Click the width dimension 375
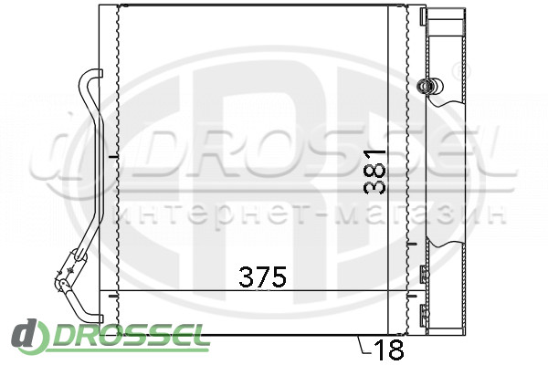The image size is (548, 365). click(262, 276)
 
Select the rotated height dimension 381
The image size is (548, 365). click(374, 172)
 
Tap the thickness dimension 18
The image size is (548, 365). click(389, 349)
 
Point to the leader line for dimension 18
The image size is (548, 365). click(364, 345)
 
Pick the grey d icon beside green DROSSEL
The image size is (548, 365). click(28, 336)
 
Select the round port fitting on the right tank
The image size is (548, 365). click(429, 85)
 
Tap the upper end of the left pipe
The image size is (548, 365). click(99, 73)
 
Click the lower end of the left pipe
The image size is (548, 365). click(99, 318)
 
